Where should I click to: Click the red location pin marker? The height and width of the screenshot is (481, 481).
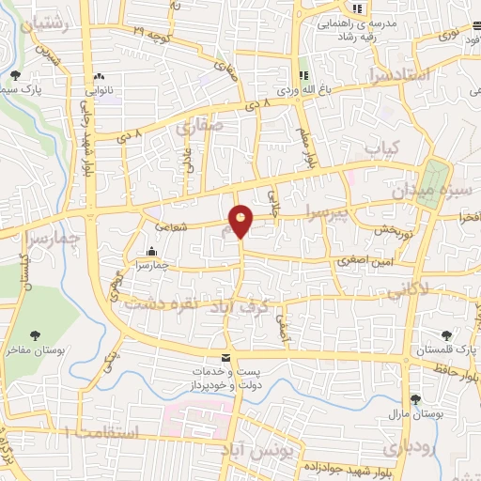[241, 221]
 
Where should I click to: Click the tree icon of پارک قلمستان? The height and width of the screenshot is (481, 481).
[445, 335]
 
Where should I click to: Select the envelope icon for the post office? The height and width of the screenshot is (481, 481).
[225, 358]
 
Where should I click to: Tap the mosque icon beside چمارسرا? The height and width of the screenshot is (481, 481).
[152, 251]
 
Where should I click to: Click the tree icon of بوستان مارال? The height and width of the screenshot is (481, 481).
[414, 399]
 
